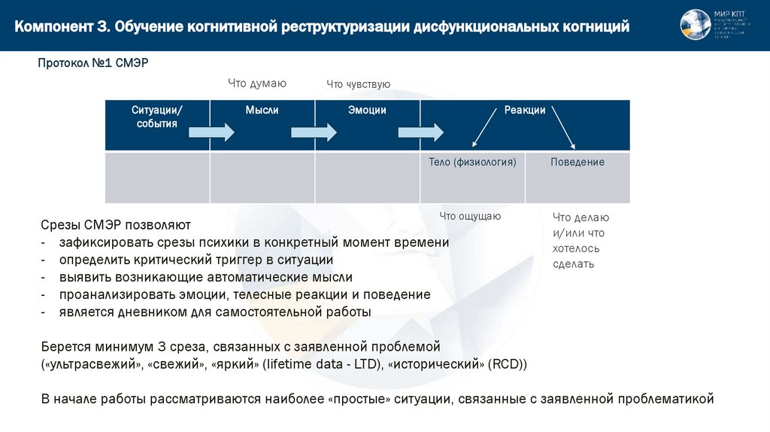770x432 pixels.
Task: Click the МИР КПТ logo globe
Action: click(x=695, y=25)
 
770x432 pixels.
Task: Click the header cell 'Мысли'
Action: click(x=262, y=111)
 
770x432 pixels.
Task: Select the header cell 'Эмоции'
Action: click(x=367, y=111)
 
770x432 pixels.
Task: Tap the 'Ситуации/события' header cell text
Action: click(x=157, y=117)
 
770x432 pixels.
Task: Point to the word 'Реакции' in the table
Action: click(x=525, y=111)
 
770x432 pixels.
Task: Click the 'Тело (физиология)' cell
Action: click(x=472, y=162)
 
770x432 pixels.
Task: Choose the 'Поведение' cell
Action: click(x=577, y=162)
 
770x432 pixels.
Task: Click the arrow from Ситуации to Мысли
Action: click(x=211, y=132)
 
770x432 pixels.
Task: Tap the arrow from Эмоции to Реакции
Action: click(x=421, y=132)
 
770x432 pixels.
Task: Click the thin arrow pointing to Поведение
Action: click(x=563, y=127)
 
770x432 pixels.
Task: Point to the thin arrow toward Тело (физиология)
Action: click(x=485, y=127)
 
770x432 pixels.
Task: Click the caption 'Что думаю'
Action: click(x=257, y=84)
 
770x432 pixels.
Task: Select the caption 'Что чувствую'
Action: click(x=358, y=85)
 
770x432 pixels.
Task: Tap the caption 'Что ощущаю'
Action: click(x=470, y=216)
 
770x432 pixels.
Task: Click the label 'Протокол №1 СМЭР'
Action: click(x=93, y=63)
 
